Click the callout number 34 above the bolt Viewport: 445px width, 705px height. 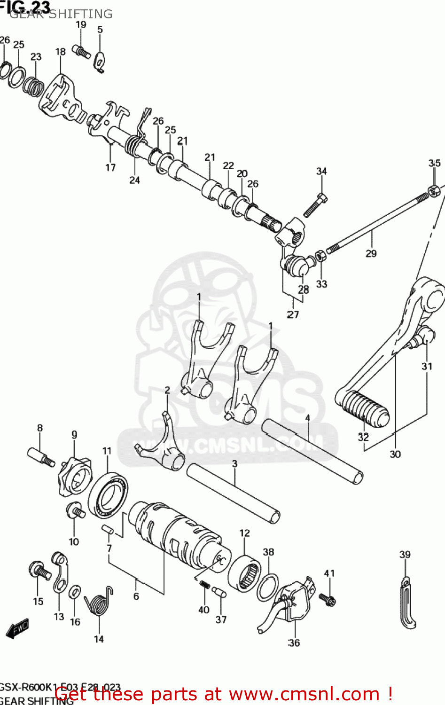321,172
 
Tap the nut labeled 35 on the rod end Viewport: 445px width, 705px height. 434,190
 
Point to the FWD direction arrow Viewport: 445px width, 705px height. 17,628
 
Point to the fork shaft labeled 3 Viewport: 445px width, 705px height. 234,493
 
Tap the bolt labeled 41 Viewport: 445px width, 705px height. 327,599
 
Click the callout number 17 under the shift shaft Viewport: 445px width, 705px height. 110,167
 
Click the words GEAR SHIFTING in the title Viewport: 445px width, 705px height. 61,14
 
